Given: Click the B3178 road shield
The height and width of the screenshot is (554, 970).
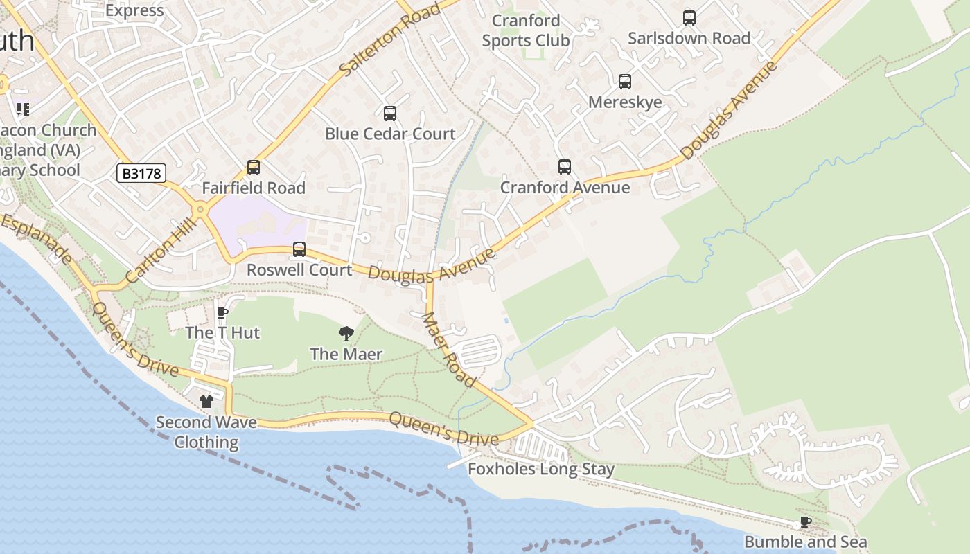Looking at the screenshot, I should pos(141,173).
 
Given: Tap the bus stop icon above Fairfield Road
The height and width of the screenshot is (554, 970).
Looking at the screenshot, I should pos(254,168).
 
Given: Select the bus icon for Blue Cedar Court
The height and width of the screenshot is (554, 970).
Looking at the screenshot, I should pos(390,114).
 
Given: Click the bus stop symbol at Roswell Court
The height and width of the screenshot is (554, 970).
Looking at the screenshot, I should pos(299,249).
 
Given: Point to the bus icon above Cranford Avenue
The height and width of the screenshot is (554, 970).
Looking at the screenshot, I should pos(565,167).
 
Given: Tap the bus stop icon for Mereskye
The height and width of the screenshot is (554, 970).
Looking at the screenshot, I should pos(625,82).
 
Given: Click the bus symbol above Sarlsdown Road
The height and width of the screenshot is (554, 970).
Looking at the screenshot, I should pos(689,18).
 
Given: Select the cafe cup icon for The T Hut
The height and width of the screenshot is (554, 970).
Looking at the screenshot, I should pos(222,312).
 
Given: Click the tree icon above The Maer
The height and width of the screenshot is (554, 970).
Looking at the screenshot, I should pos(346,334).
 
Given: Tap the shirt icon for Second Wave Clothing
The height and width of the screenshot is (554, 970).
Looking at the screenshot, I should pos(206,402).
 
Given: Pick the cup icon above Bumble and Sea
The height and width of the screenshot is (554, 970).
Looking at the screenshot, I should pos(805,521).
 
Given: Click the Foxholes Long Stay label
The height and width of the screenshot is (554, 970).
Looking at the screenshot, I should pos(541,469).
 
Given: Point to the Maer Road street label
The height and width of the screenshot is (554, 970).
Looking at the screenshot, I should pos(449,350).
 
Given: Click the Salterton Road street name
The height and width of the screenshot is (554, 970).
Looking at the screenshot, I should pos(390,39).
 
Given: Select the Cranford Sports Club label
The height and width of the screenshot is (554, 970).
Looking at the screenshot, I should pos(526,30).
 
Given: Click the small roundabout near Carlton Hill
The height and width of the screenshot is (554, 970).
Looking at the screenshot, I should pos(200,208).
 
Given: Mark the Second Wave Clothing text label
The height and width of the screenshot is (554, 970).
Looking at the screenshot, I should pos(206,432).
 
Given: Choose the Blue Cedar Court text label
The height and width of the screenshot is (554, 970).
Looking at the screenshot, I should pos(390,134).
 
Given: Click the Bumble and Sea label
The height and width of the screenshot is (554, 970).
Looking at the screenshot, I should pos(805,542).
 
